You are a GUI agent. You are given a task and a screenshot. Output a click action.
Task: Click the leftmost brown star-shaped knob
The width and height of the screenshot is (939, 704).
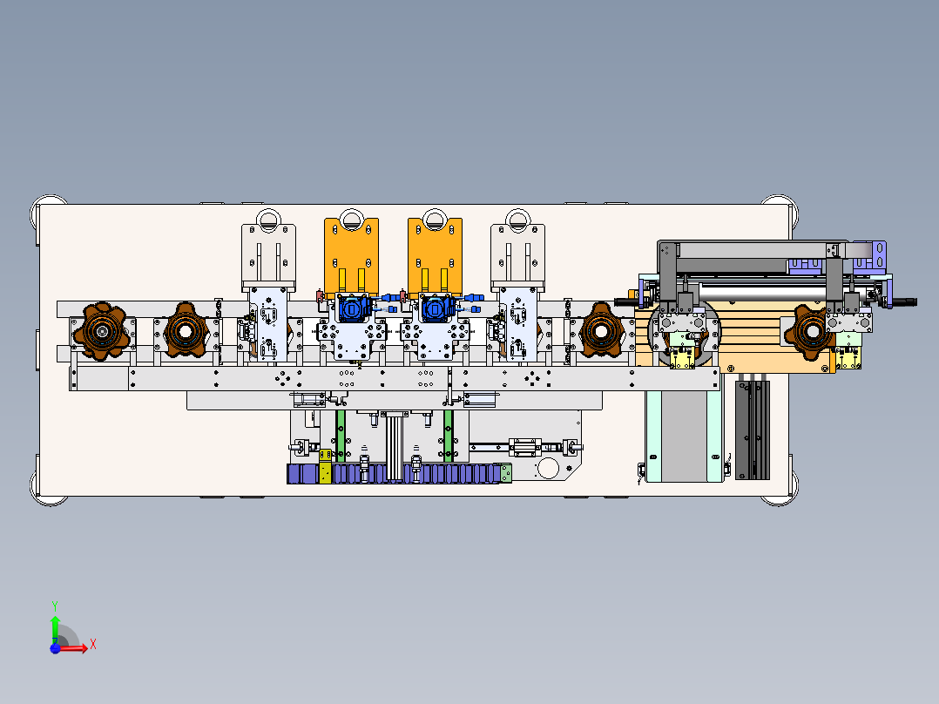click(x=102, y=331)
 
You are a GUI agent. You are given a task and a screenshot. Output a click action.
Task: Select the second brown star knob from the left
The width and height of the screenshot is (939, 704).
click(x=185, y=330)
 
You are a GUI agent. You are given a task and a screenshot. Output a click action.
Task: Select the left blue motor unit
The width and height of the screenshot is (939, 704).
click(x=354, y=309)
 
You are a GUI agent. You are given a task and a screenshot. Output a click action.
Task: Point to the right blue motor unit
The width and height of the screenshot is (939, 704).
click(x=437, y=309)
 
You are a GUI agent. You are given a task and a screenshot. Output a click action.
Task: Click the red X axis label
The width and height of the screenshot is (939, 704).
click(x=93, y=645)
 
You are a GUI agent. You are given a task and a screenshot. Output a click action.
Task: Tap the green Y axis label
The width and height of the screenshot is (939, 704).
click(x=55, y=606)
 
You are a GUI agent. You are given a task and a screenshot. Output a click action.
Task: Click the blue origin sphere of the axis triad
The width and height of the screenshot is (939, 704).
click(x=55, y=648)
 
